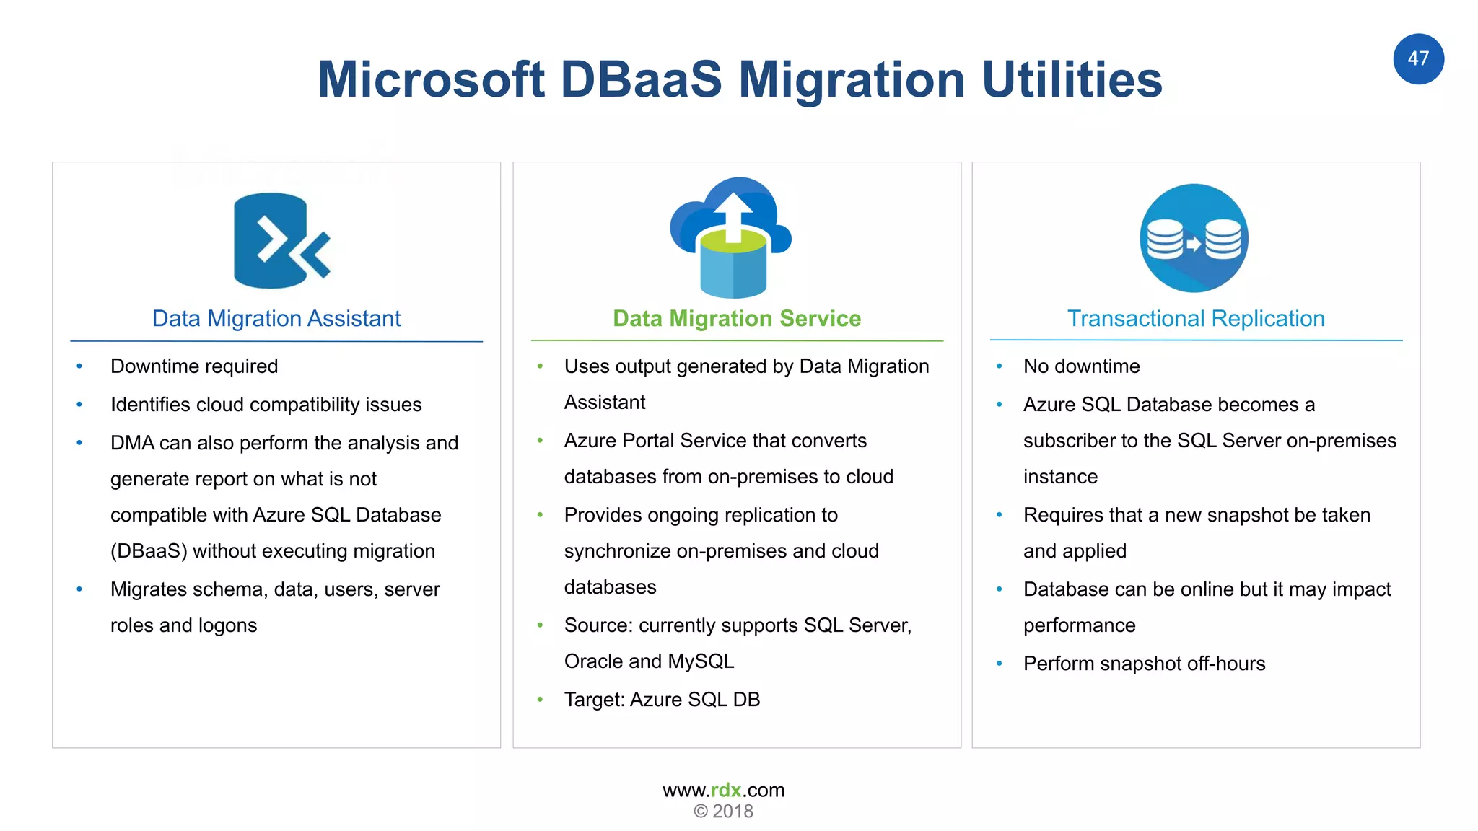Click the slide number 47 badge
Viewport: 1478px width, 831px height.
point(1418,59)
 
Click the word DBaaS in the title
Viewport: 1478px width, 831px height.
point(641,79)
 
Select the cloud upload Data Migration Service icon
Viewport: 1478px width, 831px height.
point(732,238)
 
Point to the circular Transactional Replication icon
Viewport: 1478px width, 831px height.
point(1194,238)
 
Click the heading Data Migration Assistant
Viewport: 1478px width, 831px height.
point(276,319)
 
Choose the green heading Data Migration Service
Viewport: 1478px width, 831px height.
point(736,319)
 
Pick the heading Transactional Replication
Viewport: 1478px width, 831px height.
point(1196,319)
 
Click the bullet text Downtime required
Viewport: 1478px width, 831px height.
point(194,366)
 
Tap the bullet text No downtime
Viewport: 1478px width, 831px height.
point(1081,366)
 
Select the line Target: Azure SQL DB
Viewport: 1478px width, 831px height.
point(662,700)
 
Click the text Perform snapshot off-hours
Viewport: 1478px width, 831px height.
point(1144,664)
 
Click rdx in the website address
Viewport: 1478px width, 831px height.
point(726,791)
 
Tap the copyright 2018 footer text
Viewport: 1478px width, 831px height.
point(724,812)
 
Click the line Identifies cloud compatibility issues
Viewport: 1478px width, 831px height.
point(266,405)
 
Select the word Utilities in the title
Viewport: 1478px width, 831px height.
point(1072,79)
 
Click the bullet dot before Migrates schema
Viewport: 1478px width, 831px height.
point(79,589)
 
